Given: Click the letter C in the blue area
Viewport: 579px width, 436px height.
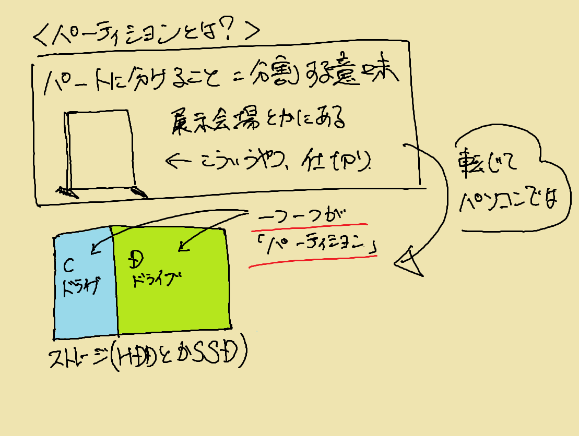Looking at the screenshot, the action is pos(68,265).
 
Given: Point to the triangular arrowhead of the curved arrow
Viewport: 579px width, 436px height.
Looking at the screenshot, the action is pos(410,264).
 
